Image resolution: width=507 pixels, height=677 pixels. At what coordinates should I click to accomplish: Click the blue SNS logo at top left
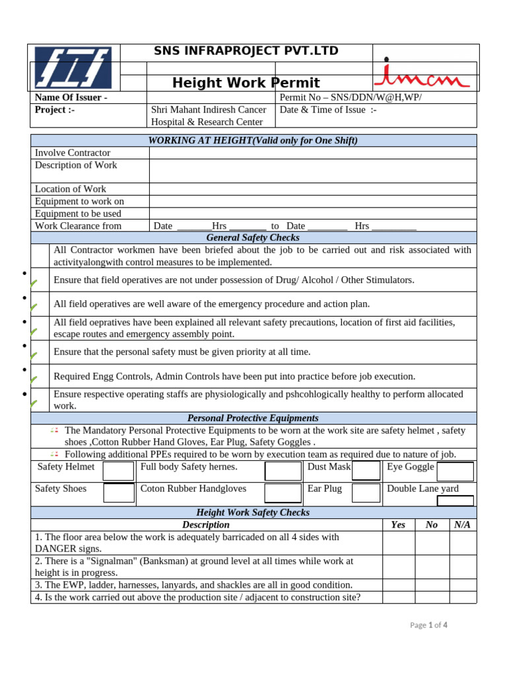(73, 68)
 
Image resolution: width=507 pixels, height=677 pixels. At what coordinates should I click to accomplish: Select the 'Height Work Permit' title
(246, 83)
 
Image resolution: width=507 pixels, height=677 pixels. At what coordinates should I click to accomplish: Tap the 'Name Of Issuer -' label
(71, 98)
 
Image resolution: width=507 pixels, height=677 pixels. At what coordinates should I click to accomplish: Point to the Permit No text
(351, 98)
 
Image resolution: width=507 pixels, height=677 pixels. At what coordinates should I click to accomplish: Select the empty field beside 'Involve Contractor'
(312, 153)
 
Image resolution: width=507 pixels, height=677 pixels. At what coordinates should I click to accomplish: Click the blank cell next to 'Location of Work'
(312, 189)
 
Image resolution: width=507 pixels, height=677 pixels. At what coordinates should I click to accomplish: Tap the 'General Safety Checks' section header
(253, 237)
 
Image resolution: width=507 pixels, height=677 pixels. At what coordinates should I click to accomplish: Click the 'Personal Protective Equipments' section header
(253, 418)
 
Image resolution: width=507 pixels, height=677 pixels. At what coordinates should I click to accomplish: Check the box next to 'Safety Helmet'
(119, 471)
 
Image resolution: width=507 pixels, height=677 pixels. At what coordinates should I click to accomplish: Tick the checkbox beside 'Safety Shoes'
(119, 493)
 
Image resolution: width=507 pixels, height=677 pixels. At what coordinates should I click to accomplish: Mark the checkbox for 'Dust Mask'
(366, 471)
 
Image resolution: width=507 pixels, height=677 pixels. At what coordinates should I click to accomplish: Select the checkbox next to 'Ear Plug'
(366, 493)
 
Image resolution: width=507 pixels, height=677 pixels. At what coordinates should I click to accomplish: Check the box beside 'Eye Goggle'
(456, 471)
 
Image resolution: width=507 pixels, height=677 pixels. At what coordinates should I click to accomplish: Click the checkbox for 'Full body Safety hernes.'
(283, 471)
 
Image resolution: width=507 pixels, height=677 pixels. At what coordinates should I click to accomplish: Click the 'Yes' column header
(398, 524)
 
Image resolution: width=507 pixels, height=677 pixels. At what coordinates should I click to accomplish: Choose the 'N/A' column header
(463, 524)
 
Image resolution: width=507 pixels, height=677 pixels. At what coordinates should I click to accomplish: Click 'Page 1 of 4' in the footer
(428, 625)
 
